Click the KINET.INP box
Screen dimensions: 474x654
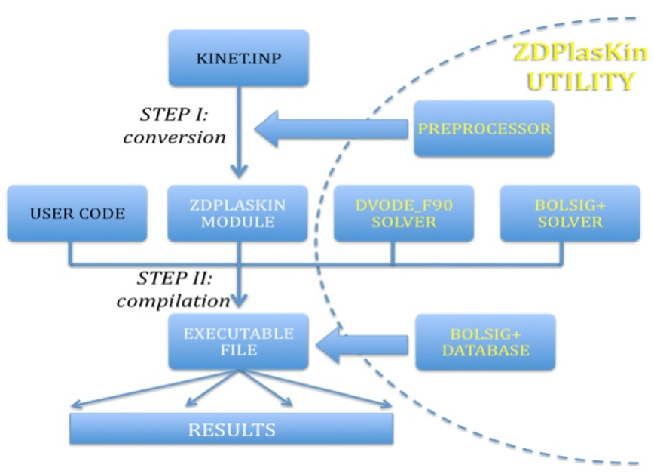[238, 57]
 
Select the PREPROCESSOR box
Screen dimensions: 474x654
[484, 128]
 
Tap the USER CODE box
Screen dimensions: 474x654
[78, 214]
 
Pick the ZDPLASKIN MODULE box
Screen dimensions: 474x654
[238, 214]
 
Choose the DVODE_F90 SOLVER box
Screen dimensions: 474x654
[404, 214]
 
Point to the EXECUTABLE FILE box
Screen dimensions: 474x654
[238, 342]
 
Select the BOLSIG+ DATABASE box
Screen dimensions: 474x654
[484, 342]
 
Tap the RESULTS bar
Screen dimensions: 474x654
[231, 430]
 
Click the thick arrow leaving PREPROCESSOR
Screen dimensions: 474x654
[332, 129]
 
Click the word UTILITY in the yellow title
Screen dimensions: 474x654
[579, 82]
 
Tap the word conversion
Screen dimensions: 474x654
[175, 137]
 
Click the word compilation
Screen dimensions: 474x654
[173, 300]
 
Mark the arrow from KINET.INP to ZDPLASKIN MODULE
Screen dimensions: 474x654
[239, 136]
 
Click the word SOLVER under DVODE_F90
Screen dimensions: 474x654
[404, 222]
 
